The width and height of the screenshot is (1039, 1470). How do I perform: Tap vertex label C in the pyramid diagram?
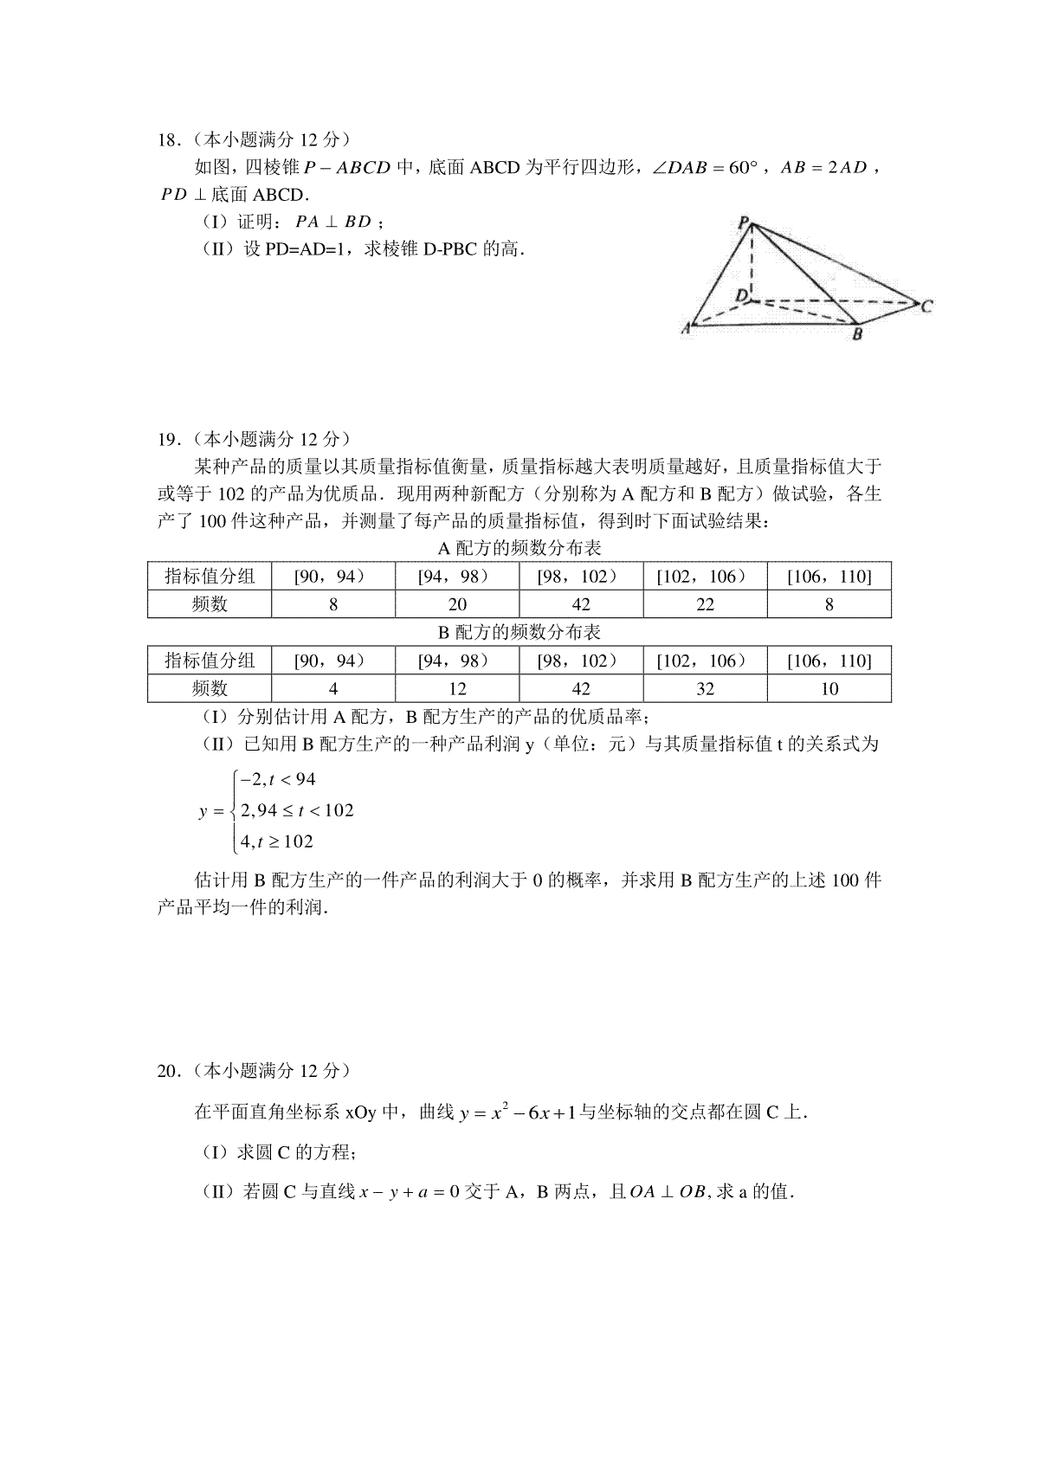(926, 306)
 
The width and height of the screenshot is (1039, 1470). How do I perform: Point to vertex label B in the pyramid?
(856, 334)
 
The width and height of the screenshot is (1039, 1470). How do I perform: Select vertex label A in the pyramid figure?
(686, 327)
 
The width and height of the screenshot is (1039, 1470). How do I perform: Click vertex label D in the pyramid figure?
(741, 296)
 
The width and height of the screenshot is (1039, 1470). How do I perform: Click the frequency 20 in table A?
(457, 604)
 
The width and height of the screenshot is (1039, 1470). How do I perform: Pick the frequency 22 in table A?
(705, 604)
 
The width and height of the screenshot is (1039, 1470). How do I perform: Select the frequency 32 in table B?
(705, 689)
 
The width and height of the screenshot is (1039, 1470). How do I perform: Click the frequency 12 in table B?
(457, 689)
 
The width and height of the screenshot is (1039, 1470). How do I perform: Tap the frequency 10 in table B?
(829, 689)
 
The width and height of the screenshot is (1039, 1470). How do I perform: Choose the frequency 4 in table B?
(333, 689)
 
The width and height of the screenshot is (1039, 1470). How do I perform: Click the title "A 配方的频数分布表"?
(519, 549)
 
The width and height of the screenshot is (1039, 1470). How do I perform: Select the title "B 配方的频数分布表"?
(519, 633)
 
